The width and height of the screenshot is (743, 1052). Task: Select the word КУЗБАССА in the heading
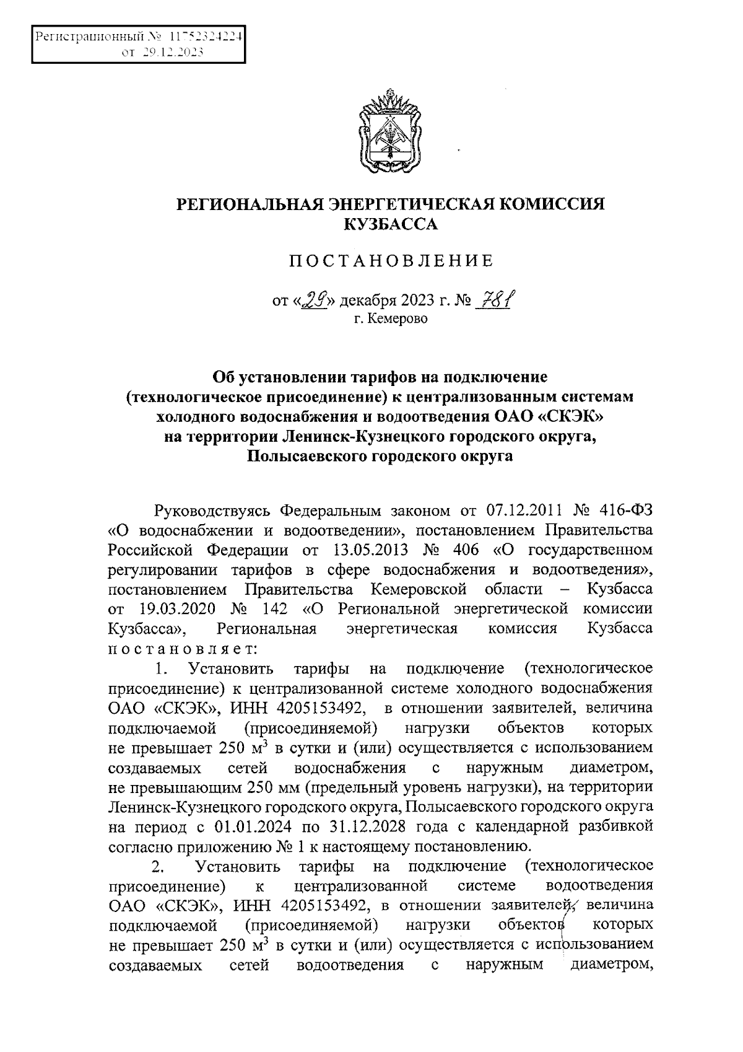point(390,224)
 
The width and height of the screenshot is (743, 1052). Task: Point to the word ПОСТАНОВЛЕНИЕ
point(391,261)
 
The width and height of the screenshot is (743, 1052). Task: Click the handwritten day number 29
point(317,300)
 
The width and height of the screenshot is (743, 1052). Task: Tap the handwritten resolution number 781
point(496,300)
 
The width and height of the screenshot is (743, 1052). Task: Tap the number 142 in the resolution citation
point(270,608)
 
